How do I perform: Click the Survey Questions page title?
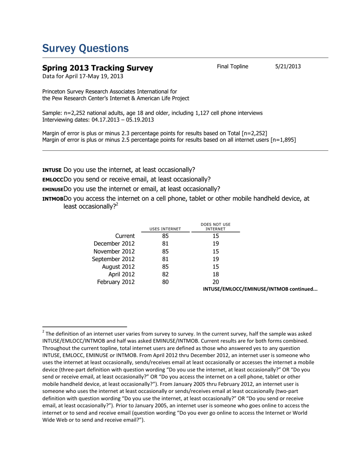click(85, 48)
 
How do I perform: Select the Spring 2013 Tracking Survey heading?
click(97, 68)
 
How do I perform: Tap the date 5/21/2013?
click(288, 67)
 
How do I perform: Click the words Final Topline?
click(232, 67)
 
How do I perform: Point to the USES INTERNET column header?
click(165, 229)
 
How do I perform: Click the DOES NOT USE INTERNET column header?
click(215, 227)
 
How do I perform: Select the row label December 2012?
click(114, 244)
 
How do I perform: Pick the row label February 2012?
click(115, 282)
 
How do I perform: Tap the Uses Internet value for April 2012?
click(165, 274)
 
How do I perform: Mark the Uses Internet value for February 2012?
click(165, 282)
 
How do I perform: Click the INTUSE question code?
click(52, 170)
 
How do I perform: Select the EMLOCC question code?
click(53, 180)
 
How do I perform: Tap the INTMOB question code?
click(53, 199)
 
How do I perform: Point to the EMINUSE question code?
click(53, 189)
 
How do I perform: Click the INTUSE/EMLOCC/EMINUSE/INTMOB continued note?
click(260, 289)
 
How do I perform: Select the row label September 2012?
click(113, 259)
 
